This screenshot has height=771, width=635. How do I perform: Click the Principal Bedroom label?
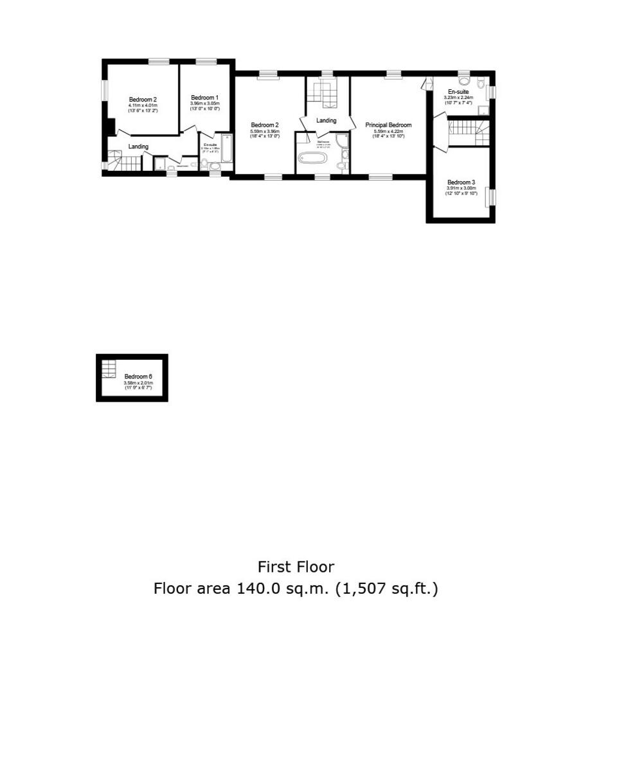(x=388, y=125)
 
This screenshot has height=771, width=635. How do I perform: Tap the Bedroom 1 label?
(x=205, y=98)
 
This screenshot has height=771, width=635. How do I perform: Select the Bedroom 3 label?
(x=461, y=182)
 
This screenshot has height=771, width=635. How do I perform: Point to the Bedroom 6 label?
(x=138, y=377)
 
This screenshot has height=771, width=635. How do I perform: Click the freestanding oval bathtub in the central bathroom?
(x=312, y=157)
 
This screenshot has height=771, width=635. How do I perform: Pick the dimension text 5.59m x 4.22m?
(x=388, y=131)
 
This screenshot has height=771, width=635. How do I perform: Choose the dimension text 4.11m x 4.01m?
(x=143, y=105)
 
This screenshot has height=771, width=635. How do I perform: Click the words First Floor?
(x=296, y=567)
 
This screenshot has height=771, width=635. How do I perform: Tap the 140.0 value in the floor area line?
(x=258, y=589)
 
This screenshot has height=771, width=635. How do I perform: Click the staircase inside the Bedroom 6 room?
(x=109, y=369)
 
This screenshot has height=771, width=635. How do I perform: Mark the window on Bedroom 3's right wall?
(x=492, y=196)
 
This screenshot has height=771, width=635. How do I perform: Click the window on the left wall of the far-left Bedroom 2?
(x=104, y=90)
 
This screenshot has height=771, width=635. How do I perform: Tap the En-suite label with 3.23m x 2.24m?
(x=458, y=92)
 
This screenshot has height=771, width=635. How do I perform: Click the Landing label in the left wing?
(x=138, y=146)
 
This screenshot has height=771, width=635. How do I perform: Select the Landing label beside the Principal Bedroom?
(x=326, y=121)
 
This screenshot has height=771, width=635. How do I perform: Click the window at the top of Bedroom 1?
(x=206, y=62)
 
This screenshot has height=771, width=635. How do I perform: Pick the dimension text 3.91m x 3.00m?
(x=461, y=188)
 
